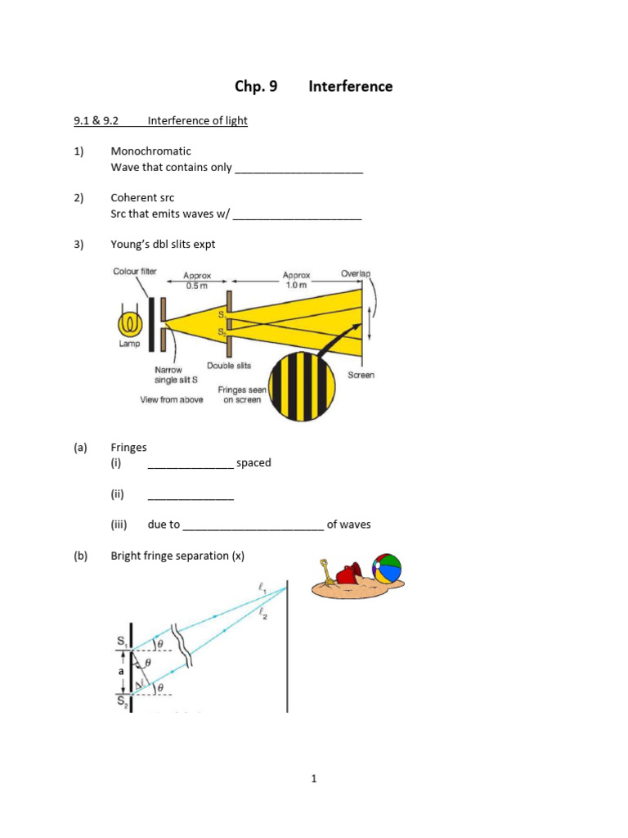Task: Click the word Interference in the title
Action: [350, 86]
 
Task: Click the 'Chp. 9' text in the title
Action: [256, 86]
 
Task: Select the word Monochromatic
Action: [150, 151]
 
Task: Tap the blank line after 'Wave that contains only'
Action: [298, 169]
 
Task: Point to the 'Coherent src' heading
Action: [142, 198]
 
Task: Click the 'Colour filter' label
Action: [135, 272]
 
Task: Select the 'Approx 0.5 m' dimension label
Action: [197, 281]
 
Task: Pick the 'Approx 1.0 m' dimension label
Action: [296, 281]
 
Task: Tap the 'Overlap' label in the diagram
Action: [355, 273]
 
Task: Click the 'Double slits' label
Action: [229, 366]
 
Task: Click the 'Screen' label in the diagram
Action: [361, 375]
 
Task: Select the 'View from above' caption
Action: [172, 399]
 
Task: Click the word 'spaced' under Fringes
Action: [253, 462]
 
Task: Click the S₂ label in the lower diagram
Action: [121, 701]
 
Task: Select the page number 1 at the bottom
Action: [313, 778]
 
